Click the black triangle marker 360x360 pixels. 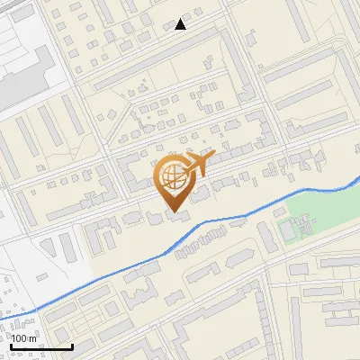[181, 24]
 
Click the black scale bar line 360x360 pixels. [40, 346]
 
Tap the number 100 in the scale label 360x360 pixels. [19, 338]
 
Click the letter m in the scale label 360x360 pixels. [31, 338]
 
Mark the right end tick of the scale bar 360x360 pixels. [72, 346]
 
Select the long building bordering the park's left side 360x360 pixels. [267, 236]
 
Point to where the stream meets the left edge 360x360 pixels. [1, 318]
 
